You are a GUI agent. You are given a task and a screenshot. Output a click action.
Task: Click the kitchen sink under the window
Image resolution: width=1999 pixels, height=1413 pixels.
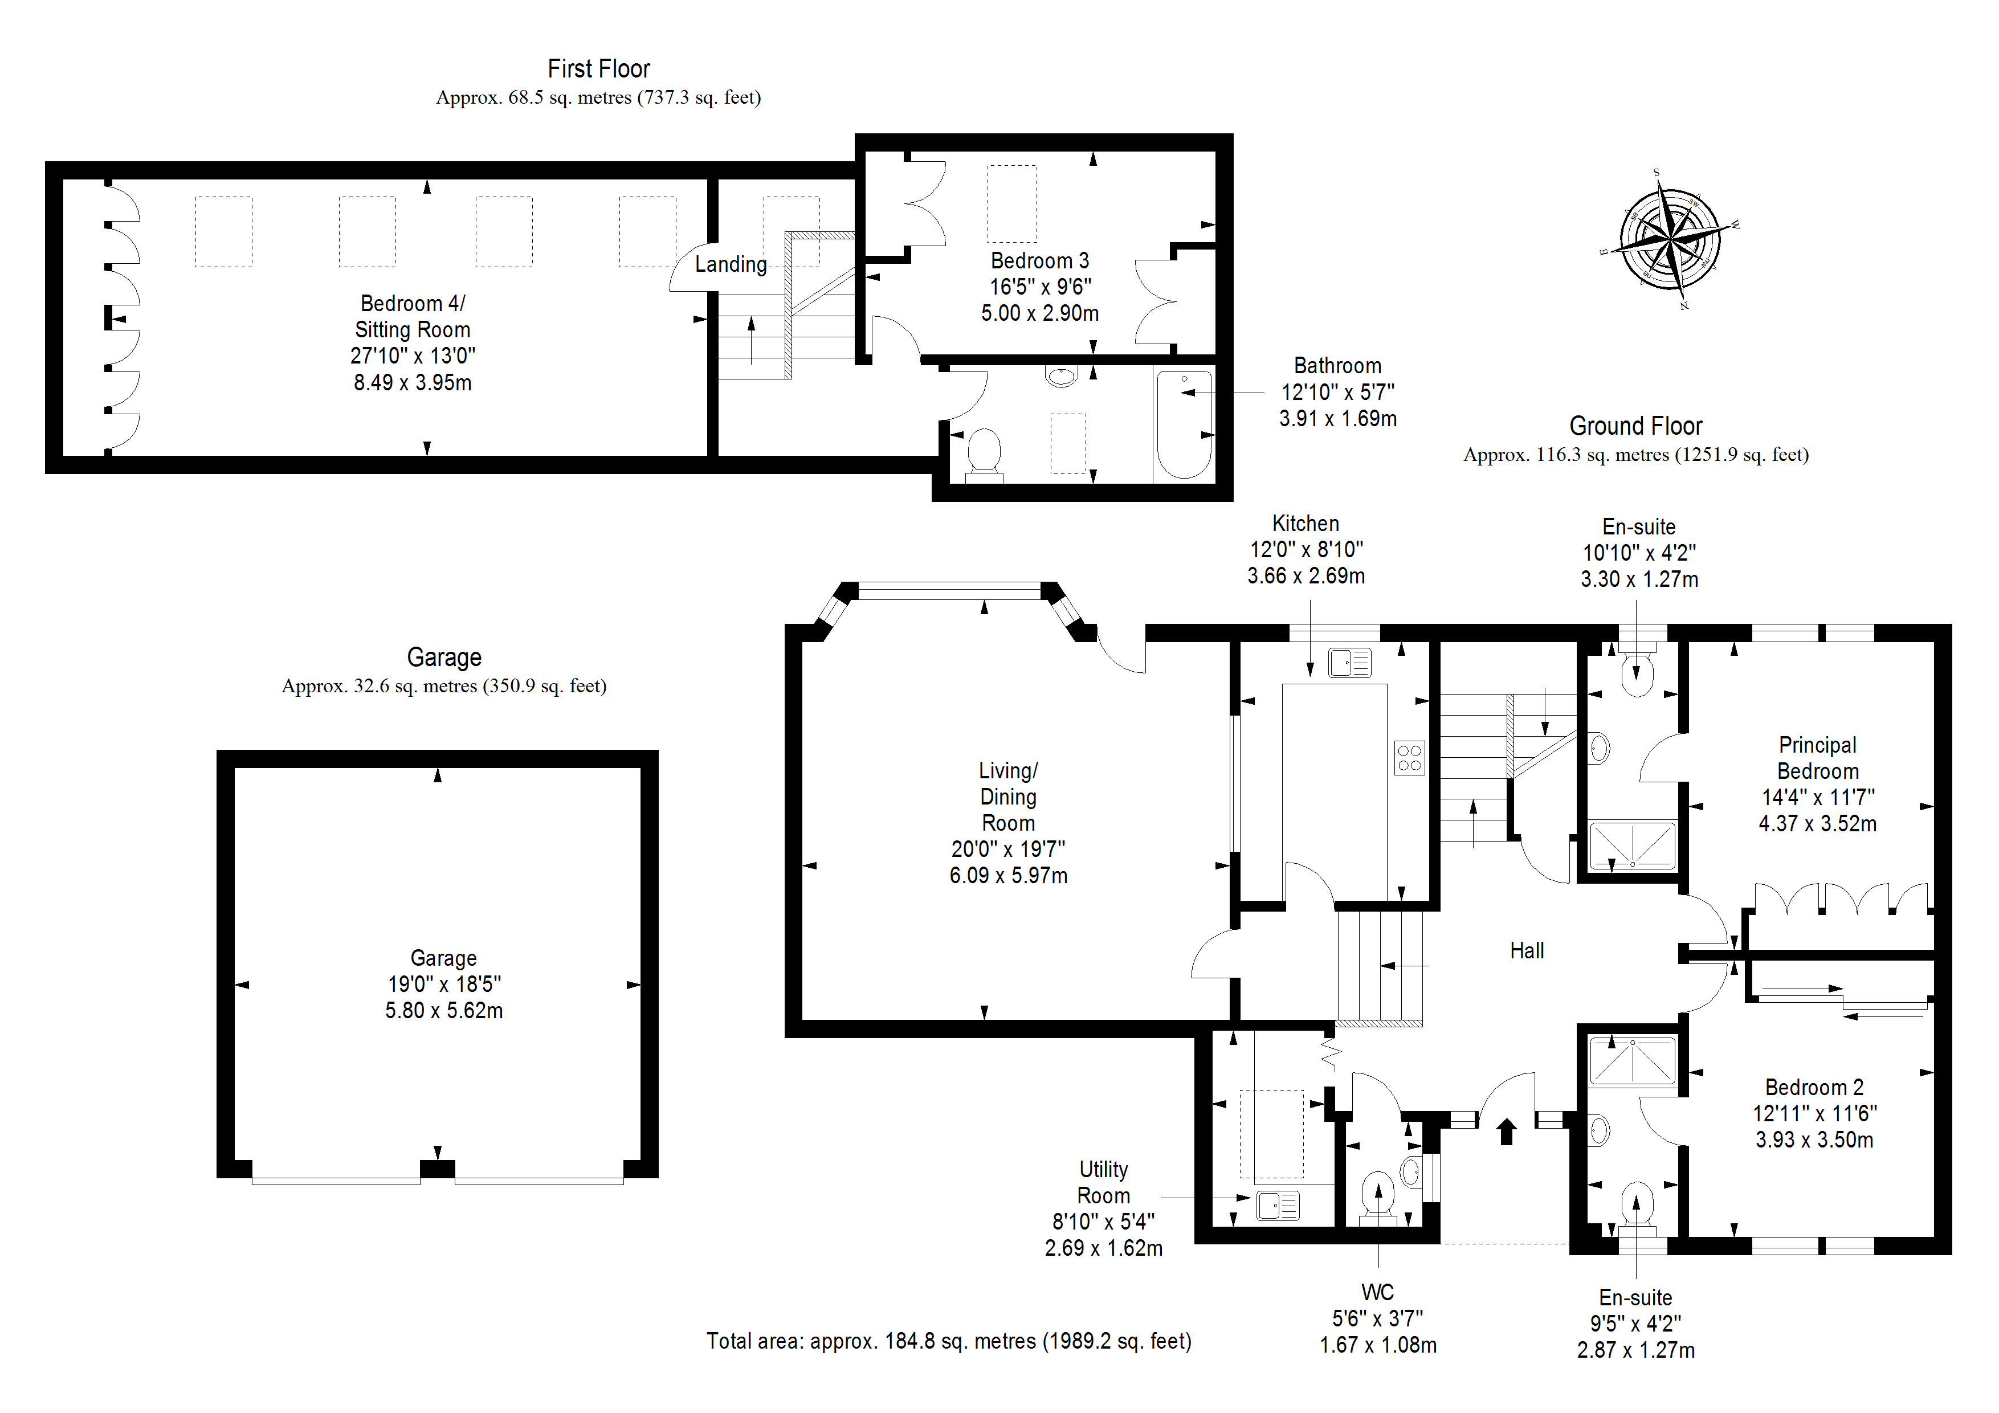coord(1349,663)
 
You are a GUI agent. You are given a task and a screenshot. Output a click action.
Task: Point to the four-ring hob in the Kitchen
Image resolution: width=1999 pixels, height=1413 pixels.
coord(1410,757)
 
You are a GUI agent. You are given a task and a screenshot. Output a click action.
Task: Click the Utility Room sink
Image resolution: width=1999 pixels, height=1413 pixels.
coord(1278,1205)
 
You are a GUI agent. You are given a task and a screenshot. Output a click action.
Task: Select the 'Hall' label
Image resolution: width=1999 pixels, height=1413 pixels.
coord(1527,951)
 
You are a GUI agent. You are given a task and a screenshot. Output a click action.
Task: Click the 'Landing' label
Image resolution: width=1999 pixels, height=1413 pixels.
coord(731,264)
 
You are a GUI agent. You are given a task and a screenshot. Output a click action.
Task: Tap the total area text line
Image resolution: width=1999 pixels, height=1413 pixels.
coord(949,1341)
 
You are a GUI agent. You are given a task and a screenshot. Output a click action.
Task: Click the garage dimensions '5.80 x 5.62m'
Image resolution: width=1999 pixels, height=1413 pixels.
coord(444,1010)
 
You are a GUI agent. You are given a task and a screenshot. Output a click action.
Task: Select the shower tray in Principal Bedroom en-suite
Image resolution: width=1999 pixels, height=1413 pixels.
coord(1633,846)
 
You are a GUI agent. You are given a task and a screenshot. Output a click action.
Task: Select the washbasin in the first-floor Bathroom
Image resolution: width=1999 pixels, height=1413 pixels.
coord(1061,376)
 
